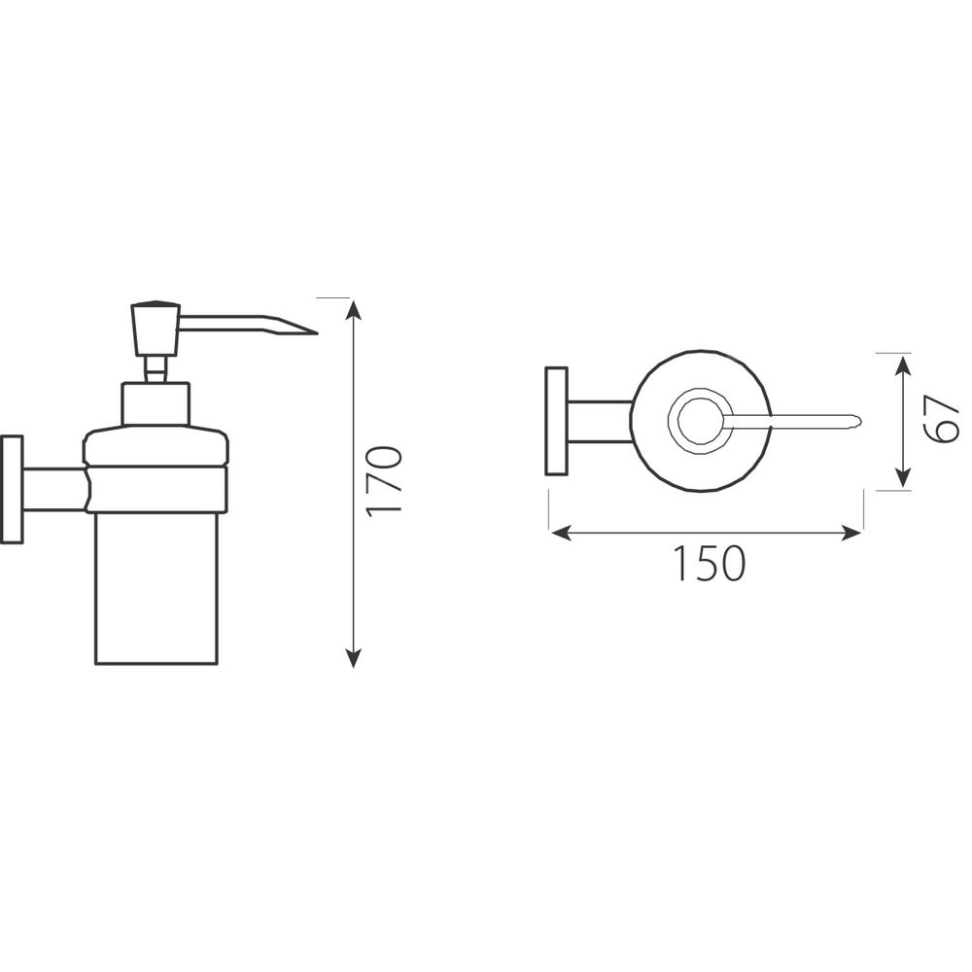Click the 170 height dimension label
(x=384, y=481)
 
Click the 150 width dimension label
(x=709, y=564)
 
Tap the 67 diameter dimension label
(x=943, y=420)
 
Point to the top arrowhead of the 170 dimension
(x=353, y=309)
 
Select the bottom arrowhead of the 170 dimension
(x=353, y=657)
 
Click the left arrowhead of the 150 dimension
(x=561, y=532)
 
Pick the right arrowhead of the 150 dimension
(x=851, y=532)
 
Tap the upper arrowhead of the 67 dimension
(x=903, y=365)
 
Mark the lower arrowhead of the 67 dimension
(x=903, y=476)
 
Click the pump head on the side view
(x=155, y=328)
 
